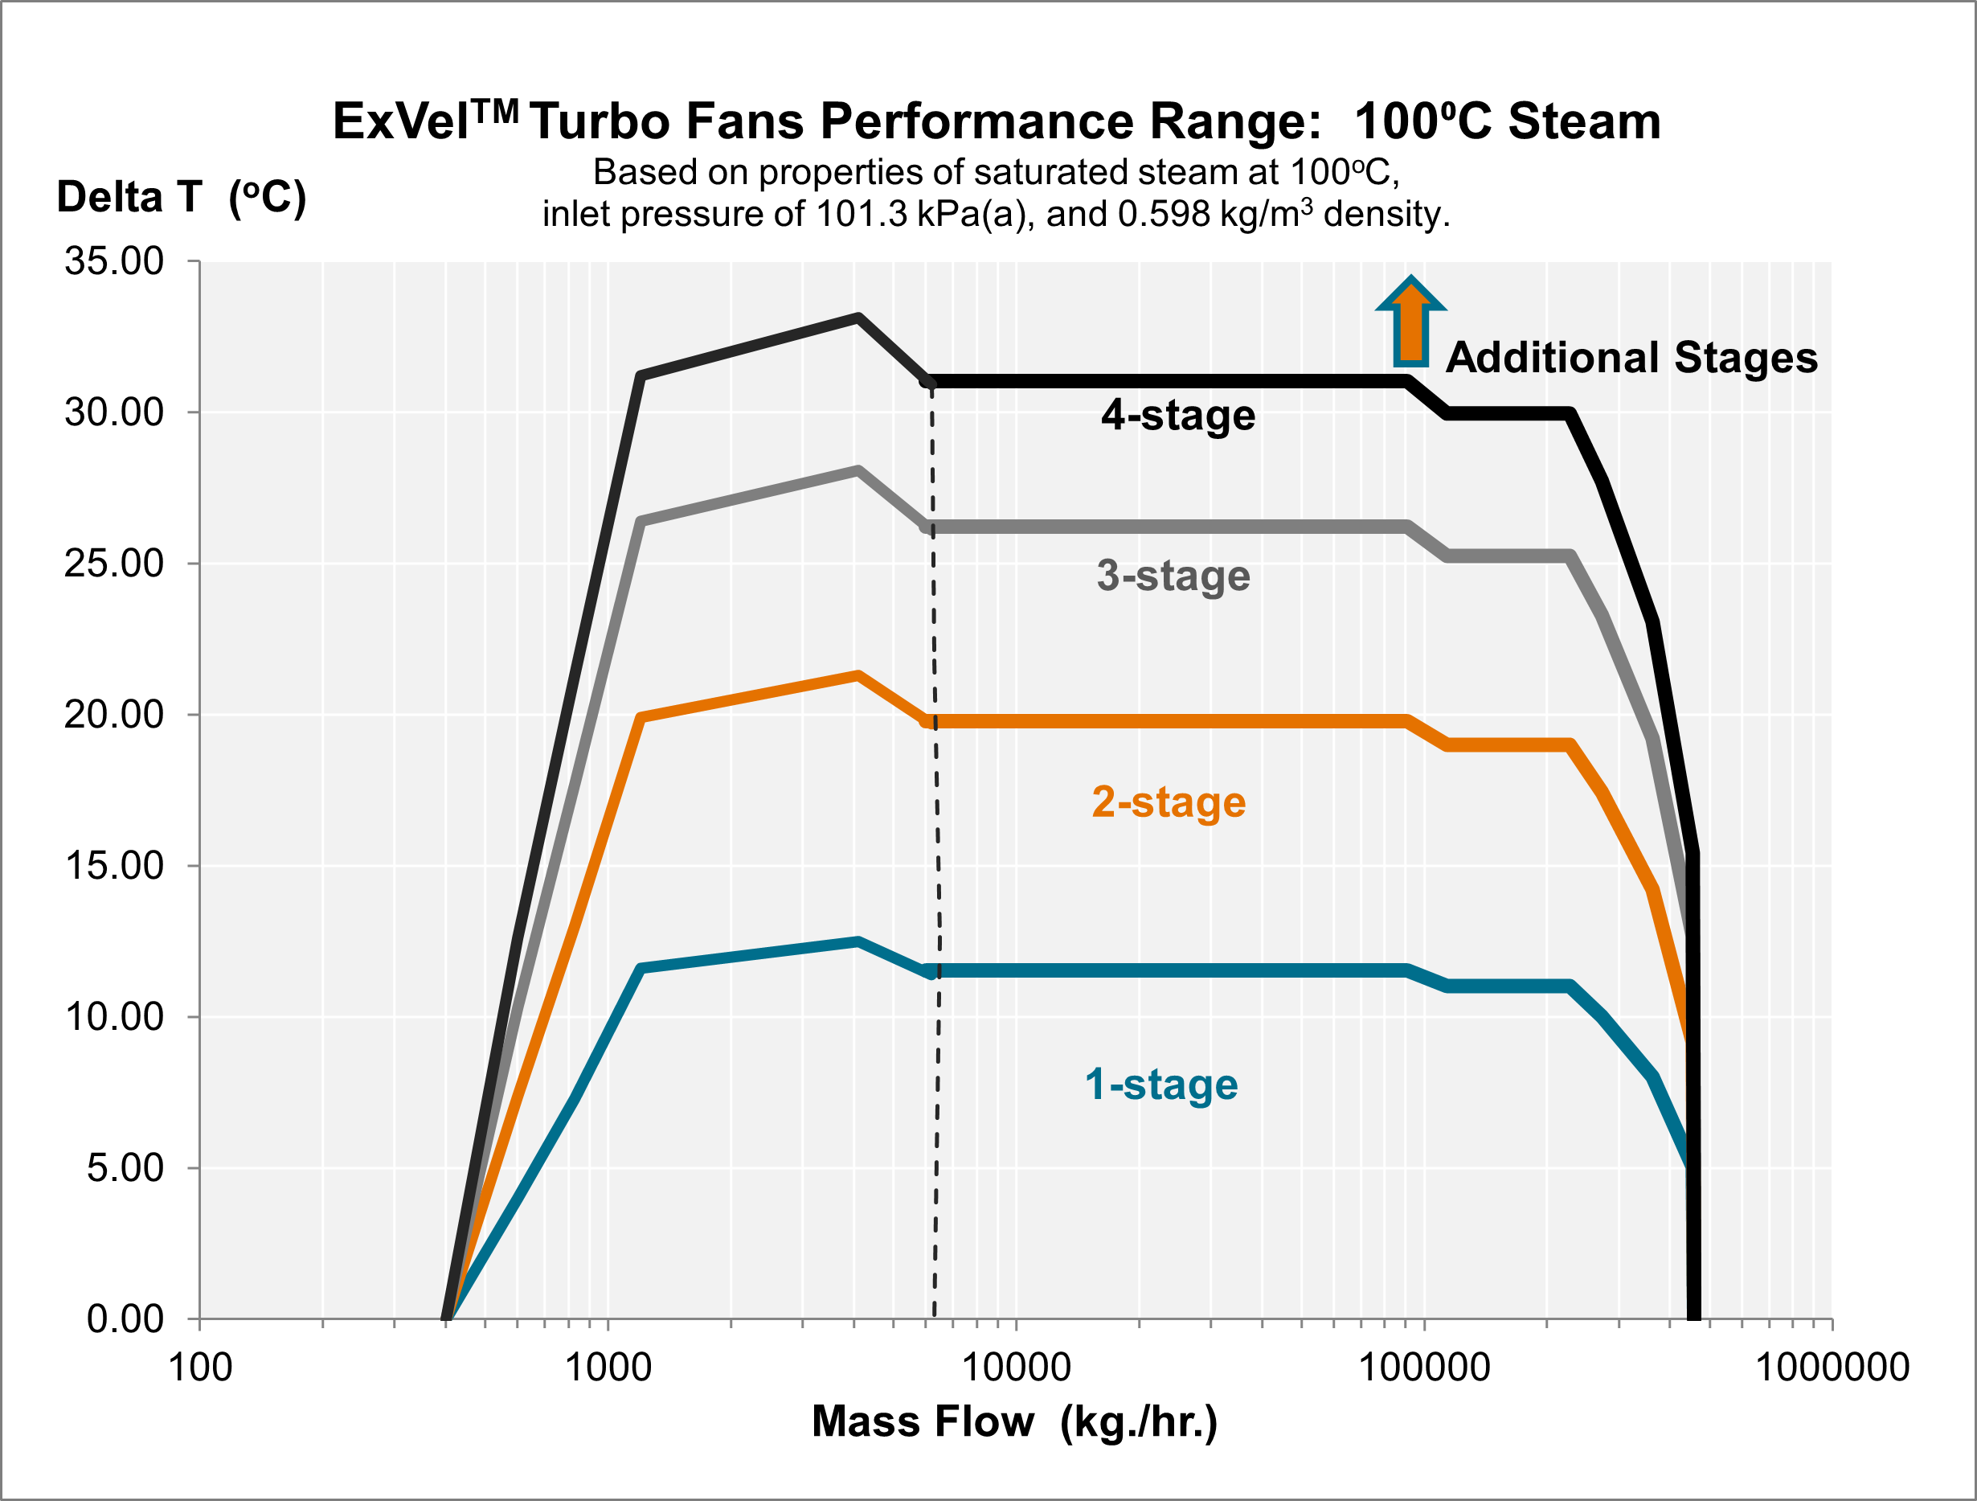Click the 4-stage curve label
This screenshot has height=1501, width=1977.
(x=1178, y=415)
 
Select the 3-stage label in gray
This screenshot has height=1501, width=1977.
(x=1173, y=575)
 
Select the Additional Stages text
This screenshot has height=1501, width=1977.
(x=1631, y=357)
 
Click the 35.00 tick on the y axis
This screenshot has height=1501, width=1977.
(x=113, y=261)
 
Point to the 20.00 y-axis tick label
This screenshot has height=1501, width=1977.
(x=113, y=714)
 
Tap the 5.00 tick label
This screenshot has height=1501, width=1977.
(x=125, y=1167)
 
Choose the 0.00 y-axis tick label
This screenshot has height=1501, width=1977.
(x=125, y=1319)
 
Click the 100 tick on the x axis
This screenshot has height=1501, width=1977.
(x=200, y=1368)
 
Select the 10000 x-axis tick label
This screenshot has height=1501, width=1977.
(x=1015, y=1368)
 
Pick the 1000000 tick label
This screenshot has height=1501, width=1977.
(x=1832, y=1368)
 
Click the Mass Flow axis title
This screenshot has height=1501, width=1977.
(x=1014, y=1421)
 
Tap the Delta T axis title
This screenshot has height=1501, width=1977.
(x=182, y=197)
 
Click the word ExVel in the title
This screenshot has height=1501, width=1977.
(x=400, y=121)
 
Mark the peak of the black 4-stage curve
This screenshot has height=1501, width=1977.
(x=858, y=318)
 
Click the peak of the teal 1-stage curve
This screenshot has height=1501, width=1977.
(x=858, y=941)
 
